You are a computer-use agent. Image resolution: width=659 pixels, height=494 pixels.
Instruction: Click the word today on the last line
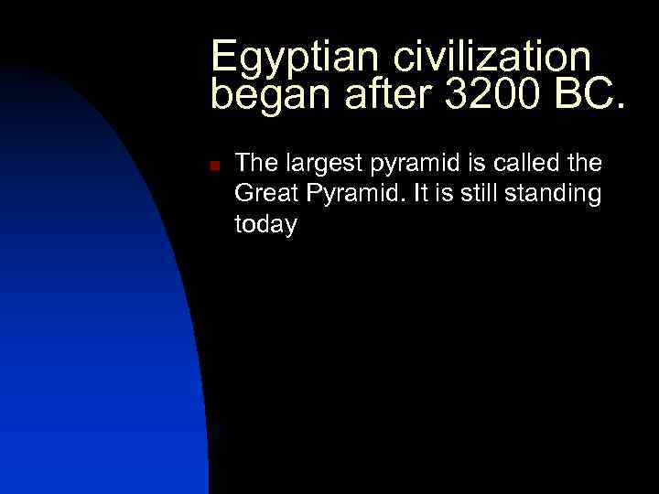point(265,225)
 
